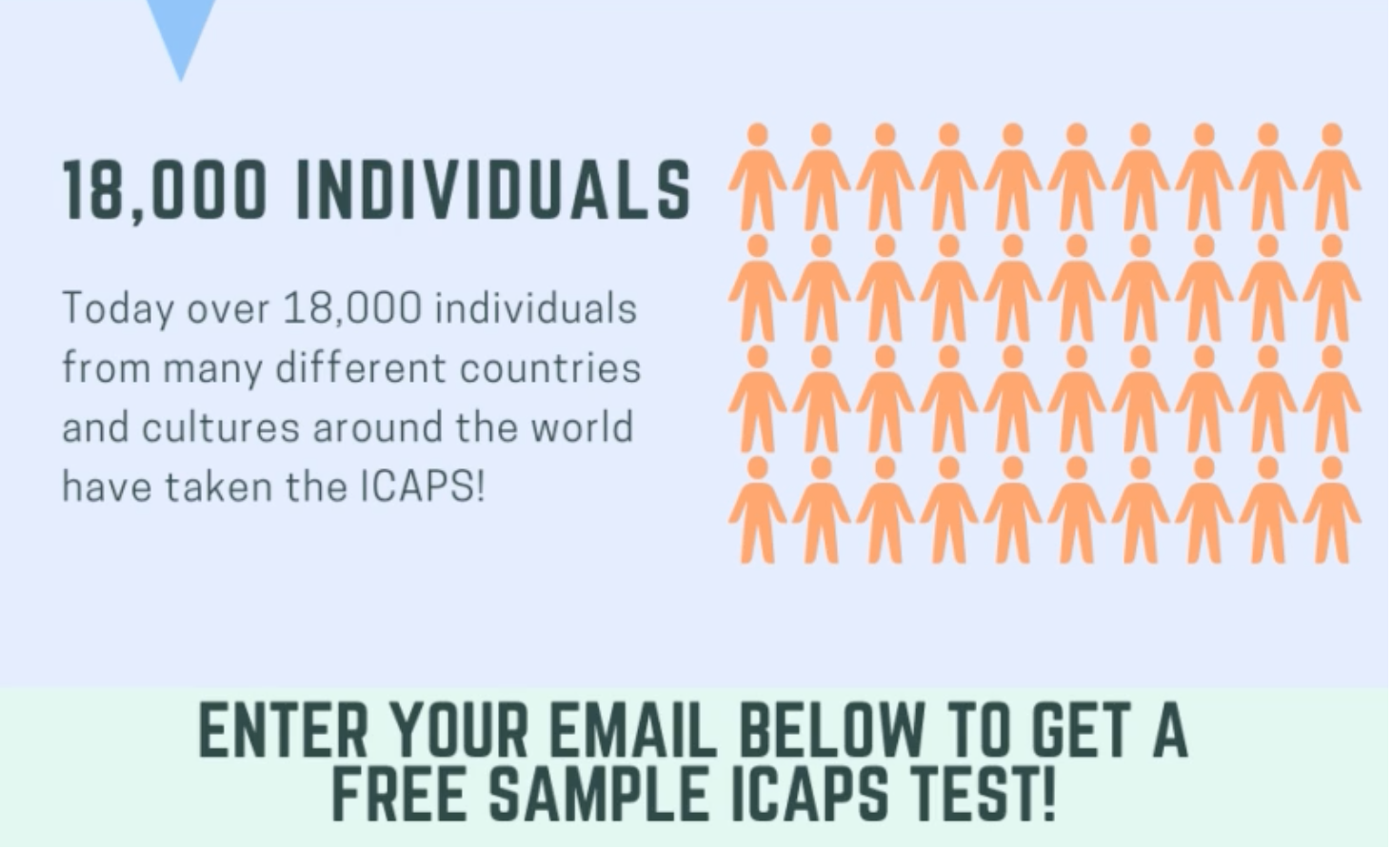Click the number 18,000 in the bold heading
click(x=165, y=189)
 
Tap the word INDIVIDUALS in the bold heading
click(x=493, y=189)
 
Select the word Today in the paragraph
click(x=118, y=309)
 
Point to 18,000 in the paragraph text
click(x=351, y=308)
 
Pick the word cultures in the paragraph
click(x=221, y=427)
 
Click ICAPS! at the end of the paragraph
click(x=423, y=486)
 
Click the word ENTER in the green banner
click(x=283, y=732)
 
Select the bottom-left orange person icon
click(x=757, y=510)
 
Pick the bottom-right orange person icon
click(x=1332, y=510)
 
